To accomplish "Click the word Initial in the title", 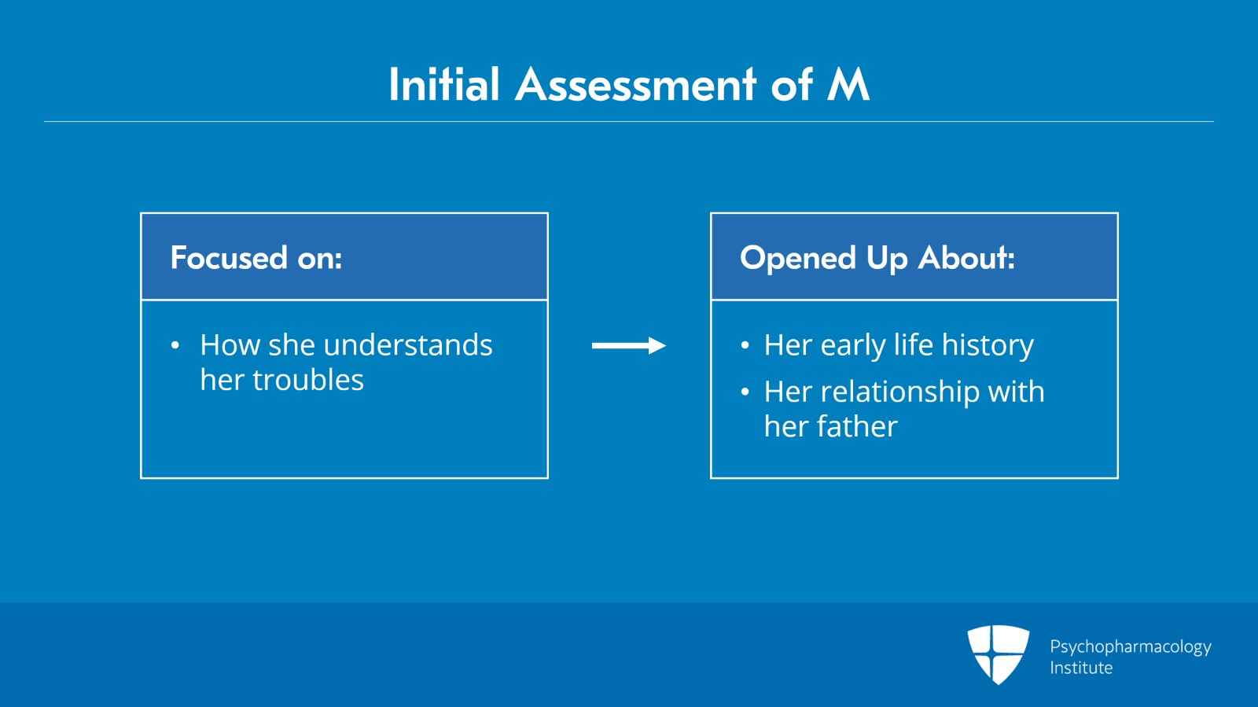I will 444,85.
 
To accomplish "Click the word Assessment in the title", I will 635,85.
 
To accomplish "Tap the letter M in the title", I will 848,85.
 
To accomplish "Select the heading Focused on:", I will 256,258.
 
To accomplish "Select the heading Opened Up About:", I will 877,258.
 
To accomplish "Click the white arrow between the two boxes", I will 628,345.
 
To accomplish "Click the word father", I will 857,426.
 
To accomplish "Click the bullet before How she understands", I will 175,345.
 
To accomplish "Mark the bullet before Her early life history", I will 745,345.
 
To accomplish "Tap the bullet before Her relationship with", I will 745,392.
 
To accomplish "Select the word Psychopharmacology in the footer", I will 1130,646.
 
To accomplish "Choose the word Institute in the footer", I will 1081,668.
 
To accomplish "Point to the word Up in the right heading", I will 886,258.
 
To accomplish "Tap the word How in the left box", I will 230,345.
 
